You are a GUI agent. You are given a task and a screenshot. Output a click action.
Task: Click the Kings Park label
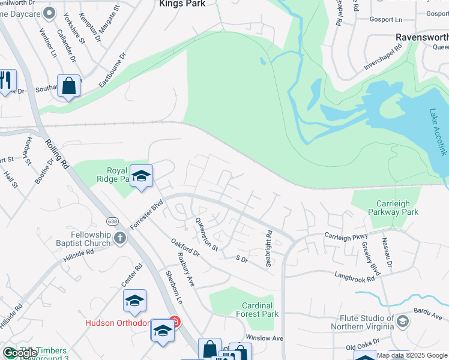182,4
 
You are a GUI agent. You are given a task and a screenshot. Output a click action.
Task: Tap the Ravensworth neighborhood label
422,37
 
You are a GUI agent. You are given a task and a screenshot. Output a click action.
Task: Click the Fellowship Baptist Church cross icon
119,238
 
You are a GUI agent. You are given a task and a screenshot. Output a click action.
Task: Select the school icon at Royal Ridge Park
141,176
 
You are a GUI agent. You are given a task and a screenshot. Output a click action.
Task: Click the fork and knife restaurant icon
6,80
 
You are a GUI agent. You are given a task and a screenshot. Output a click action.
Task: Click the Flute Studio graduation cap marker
402,322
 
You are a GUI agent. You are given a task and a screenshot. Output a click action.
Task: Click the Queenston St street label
206,233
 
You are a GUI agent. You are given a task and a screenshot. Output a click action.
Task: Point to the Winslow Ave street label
264,338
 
